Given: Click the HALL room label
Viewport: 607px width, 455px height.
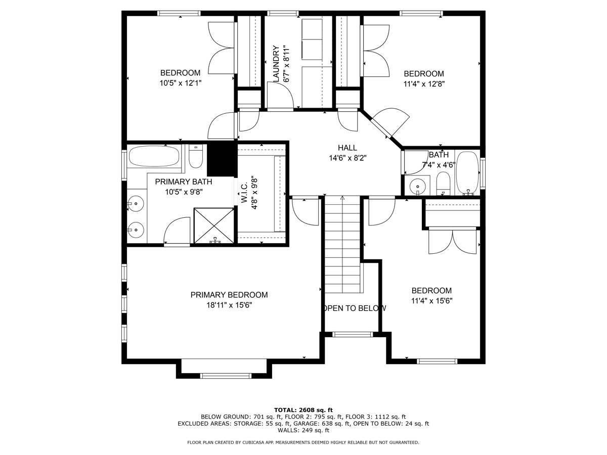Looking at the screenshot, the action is [348, 148].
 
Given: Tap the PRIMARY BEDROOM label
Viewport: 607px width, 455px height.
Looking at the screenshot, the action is [229, 295].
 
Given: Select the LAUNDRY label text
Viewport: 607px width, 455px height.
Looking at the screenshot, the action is [276, 64].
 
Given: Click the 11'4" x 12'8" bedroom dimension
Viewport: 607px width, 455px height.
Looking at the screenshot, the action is [424, 84].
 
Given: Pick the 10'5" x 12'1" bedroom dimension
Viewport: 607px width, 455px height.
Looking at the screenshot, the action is [180, 83].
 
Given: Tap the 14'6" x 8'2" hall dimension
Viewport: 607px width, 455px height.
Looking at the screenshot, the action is [348, 158].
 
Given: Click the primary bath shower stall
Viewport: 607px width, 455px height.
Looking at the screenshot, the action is [214, 225].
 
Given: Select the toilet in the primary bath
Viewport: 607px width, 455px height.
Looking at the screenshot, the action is [196, 156].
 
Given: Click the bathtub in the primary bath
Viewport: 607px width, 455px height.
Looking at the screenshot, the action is [154, 156].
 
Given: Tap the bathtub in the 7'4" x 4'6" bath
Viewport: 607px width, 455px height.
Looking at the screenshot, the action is [467, 173].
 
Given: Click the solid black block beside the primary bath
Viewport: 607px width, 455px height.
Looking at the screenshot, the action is [222, 160].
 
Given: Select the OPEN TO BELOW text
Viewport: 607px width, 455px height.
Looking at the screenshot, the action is [354, 308].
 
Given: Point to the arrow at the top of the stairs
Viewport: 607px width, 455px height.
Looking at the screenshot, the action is [342, 198].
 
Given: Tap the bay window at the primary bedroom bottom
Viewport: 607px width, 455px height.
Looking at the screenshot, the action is [226, 376].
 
